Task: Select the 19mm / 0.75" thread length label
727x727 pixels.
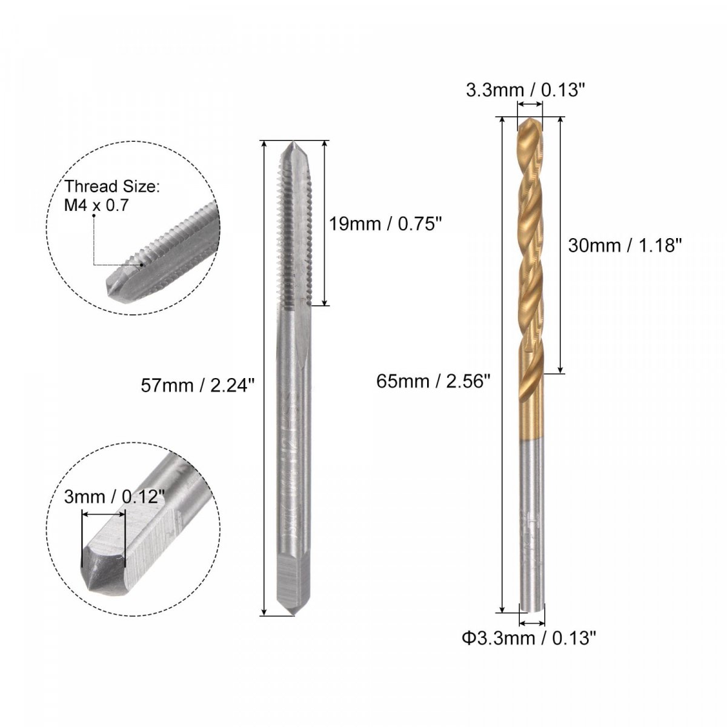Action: coord(385,224)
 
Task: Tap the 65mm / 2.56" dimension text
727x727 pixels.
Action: coord(434,382)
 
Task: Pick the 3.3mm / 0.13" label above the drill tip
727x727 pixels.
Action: coord(522,91)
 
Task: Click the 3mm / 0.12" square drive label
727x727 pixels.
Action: coord(115,497)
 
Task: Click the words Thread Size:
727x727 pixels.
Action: coord(113,187)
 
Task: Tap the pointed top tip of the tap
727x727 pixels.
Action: coord(293,142)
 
